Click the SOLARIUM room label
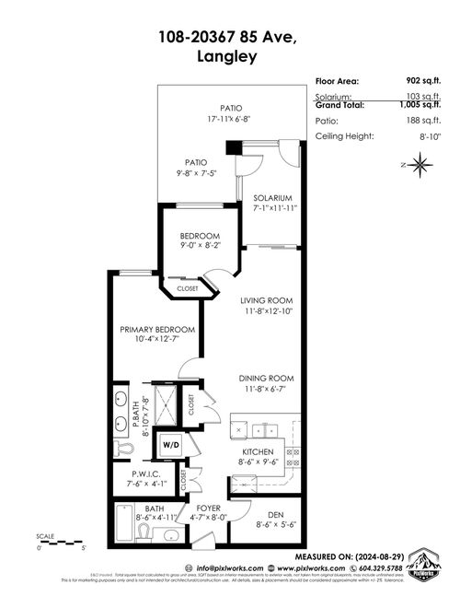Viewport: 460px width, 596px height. [x=273, y=198]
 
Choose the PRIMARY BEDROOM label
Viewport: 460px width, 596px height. [x=158, y=329]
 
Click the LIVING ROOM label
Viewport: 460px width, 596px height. [x=267, y=300]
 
